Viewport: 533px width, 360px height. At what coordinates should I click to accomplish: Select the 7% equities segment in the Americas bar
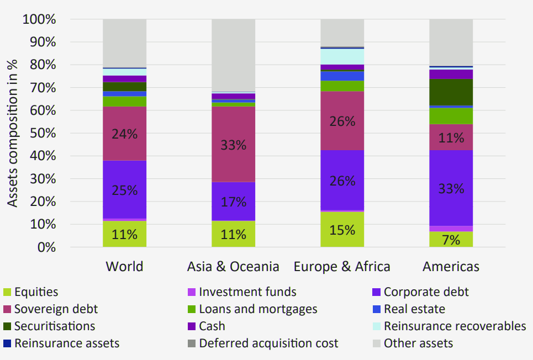pyautogui.click(x=451, y=239)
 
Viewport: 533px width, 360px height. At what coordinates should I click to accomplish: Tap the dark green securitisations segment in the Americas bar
pyautogui.click(x=451, y=92)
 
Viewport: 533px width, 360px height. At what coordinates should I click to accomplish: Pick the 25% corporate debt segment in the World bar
pyautogui.click(x=124, y=189)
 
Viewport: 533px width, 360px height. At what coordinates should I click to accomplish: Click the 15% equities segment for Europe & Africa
pyautogui.click(x=342, y=229)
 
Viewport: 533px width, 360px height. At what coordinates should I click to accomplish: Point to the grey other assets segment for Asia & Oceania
pyautogui.click(x=233, y=55)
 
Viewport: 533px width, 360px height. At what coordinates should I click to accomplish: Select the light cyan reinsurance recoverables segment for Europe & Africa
pyautogui.click(x=342, y=56)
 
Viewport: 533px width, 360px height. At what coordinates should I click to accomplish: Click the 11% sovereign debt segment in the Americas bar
pyautogui.click(x=451, y=137)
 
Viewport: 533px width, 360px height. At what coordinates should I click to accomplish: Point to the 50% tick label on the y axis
pyautogui.click(x=42, y=134)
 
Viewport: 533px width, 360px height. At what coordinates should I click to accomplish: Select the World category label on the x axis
pyautogui.click(x=124, y=267)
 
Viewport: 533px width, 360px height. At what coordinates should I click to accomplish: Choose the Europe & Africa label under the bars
pyautogui.click(x=342, y=267)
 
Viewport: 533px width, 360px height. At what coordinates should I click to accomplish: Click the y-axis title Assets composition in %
pyautogui.click(x=12, y=133)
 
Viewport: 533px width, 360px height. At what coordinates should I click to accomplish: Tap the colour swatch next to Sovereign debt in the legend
pyautogui.click(x=7, y=309)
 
